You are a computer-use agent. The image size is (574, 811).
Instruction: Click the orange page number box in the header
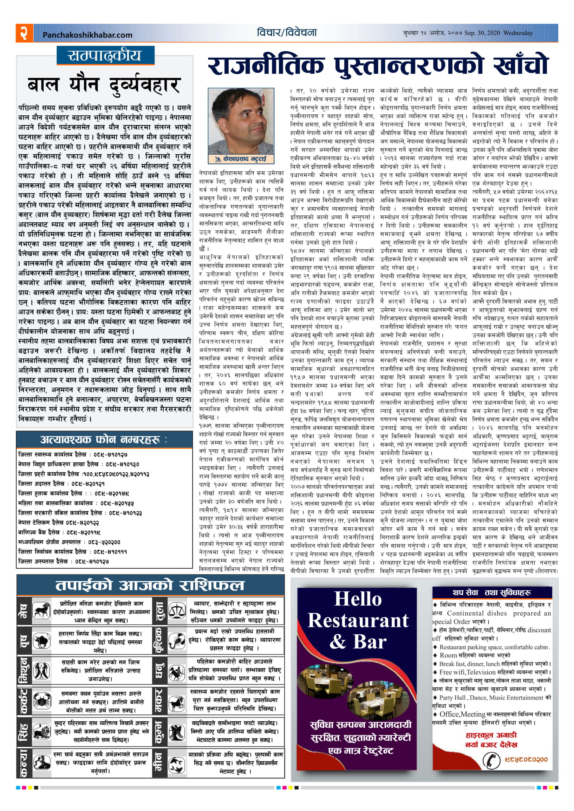tap(24, 33)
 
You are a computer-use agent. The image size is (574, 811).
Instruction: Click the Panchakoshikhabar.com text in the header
tap(87, 35)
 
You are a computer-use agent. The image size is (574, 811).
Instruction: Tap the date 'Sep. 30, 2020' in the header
tap(482, 33)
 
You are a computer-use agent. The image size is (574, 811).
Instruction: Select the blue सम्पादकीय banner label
tap(105, 55)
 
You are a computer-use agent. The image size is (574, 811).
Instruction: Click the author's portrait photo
tap(241, 121)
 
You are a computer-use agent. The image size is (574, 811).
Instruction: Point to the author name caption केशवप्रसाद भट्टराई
tap(241, 159)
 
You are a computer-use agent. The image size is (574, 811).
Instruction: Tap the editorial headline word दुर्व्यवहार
tap(145, 85)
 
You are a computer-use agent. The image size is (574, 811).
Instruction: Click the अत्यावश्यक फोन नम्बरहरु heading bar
tap(104, 440)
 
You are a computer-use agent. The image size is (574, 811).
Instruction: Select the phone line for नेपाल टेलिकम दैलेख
tap(59, 522)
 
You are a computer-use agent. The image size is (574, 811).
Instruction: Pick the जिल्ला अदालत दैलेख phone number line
tap(61, 483)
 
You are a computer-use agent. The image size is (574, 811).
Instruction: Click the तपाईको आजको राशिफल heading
tap(150, 585)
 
